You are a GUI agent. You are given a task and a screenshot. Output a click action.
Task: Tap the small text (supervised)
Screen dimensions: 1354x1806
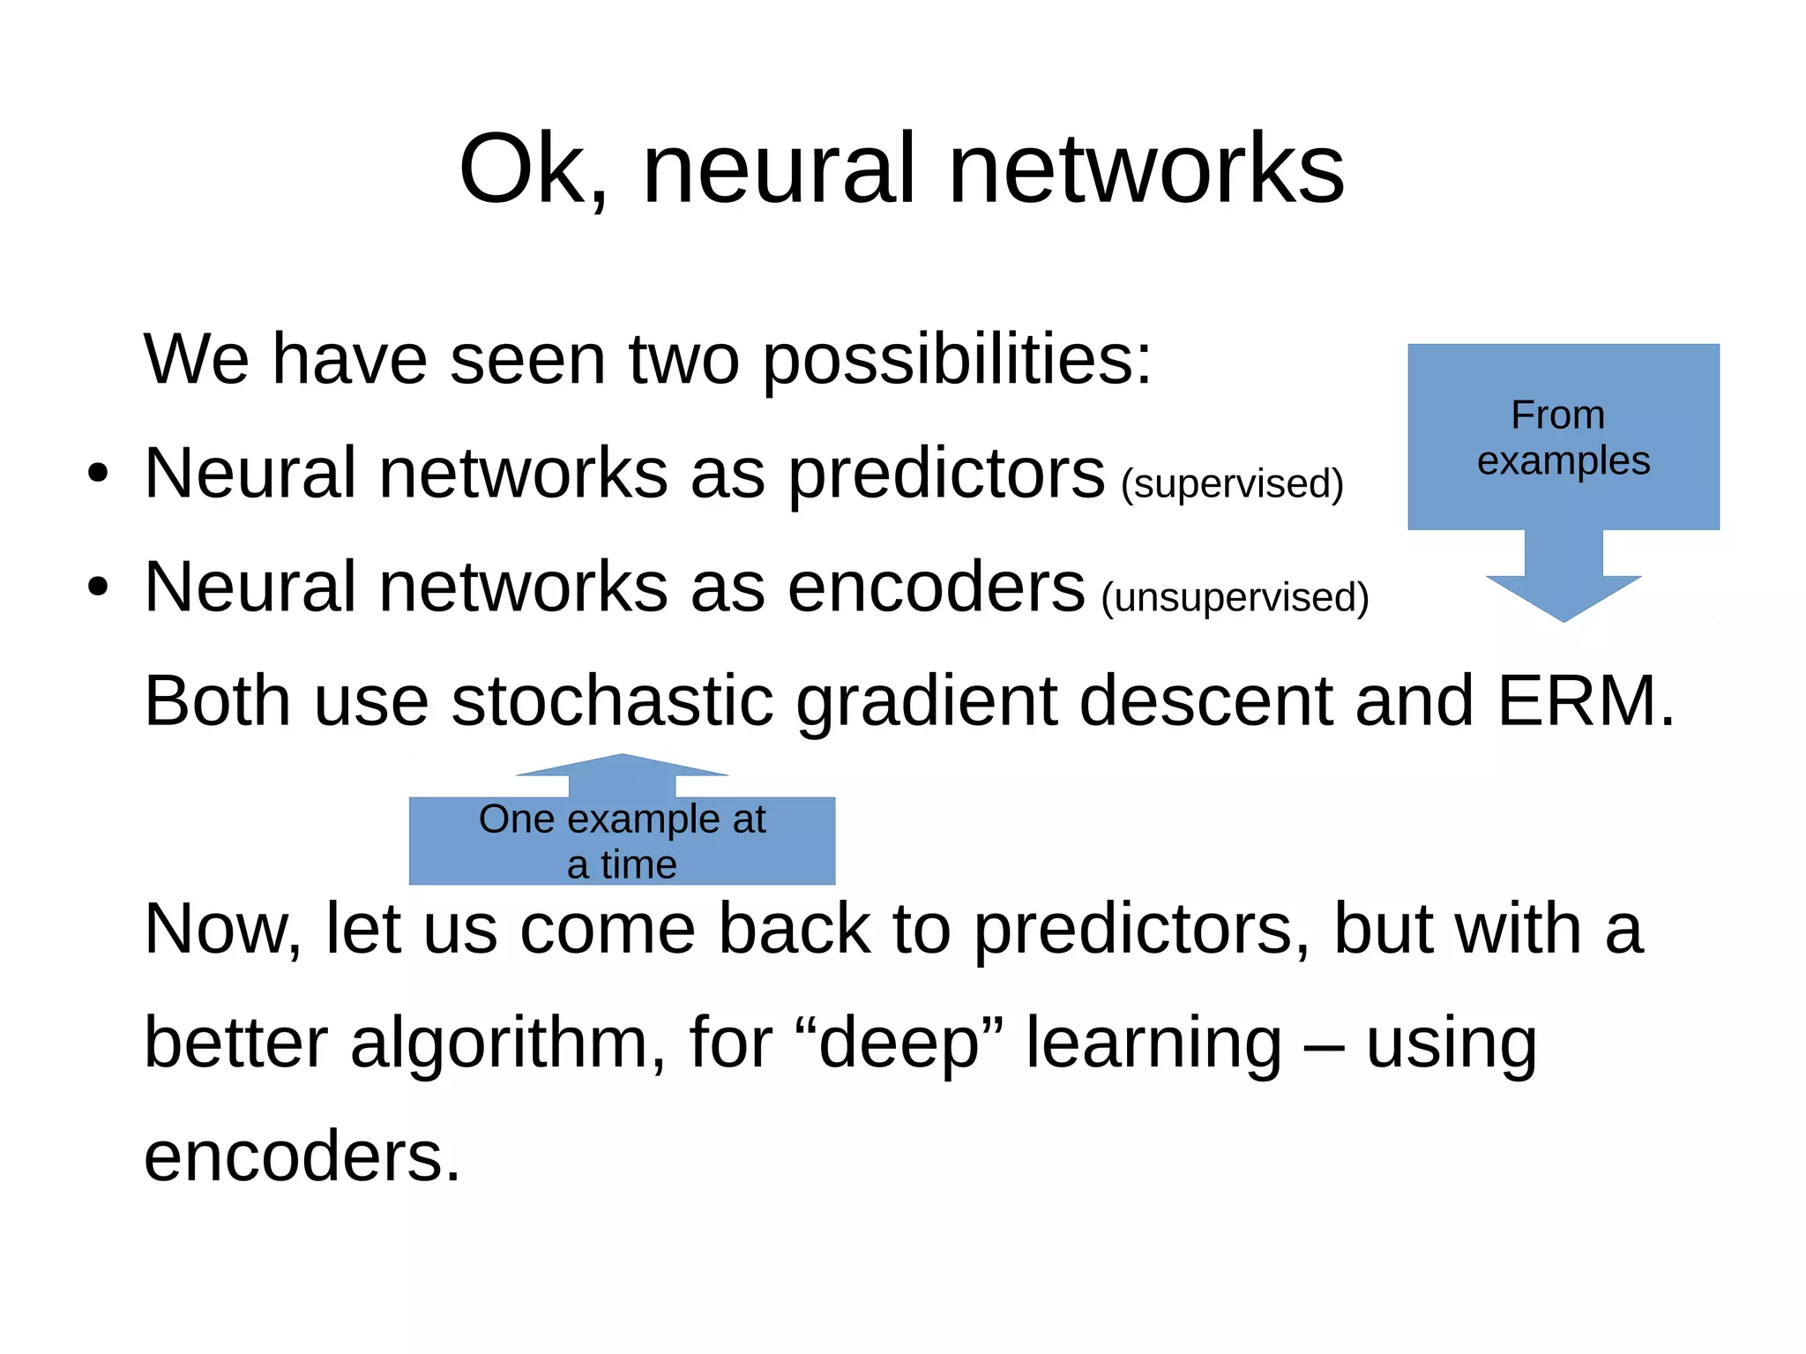click(1232, 484)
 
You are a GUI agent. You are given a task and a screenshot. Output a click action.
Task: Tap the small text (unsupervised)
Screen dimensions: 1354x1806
click(1235, 598)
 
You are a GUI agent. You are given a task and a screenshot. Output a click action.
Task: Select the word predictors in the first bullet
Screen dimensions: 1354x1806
click(945, 474)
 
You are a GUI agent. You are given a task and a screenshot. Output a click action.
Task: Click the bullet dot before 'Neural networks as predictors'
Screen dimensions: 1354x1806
click(97, 475)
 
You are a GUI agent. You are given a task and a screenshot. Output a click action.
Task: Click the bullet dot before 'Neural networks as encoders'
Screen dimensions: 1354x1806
click(97, 587)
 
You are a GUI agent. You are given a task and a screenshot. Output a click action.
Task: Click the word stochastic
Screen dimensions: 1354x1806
click(612, 701)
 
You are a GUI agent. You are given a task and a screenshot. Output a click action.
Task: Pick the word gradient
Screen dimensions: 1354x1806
click(926, 701)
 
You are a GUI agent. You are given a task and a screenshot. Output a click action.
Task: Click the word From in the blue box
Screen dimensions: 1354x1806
click(1557, 415)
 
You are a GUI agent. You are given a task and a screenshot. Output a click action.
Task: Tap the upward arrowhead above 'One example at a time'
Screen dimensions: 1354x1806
click(622, 766)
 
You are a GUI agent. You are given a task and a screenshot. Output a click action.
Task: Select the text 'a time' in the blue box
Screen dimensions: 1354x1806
click(622, 865)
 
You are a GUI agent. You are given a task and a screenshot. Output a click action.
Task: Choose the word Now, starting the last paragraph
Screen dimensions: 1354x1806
click(223, 930)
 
